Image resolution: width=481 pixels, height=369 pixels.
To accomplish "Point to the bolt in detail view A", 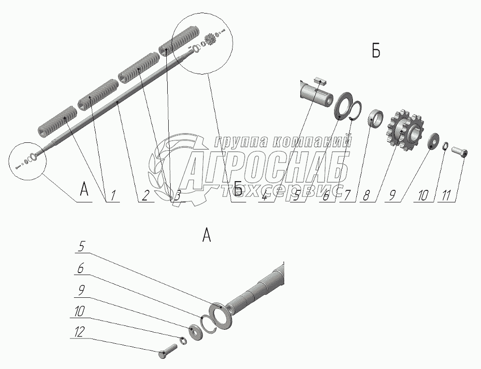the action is pyautogui.click(x=168, y=351).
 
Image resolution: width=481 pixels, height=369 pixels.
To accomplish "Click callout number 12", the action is pyautogui.click(x=79, y=332).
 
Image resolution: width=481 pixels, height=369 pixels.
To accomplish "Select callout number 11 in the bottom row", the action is pyautogui.click(x=447, y=196).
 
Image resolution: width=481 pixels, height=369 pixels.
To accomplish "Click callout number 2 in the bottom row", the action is pyautogui.click(x=145, y=196).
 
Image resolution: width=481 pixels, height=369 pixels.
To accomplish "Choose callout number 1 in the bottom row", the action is pyautogui.click(x=113, y=196).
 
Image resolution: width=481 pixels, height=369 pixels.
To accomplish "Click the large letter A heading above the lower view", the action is pyautogui.click(x=207, y=235).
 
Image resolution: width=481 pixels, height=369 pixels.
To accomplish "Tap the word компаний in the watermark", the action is pyautogui.click(x=312, y=142).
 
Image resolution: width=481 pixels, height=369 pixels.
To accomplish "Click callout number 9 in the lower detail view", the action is pyautogui.click(x=81, y=291).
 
